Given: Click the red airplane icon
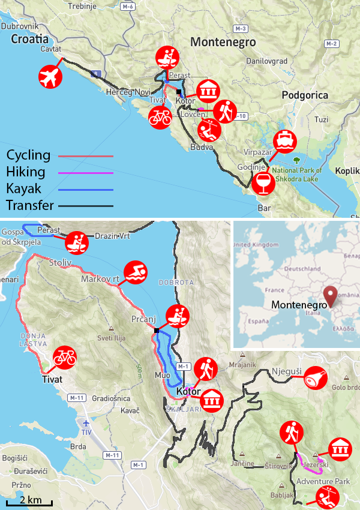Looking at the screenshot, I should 50,76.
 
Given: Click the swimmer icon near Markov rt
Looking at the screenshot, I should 135,274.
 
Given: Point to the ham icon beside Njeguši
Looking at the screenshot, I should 316,378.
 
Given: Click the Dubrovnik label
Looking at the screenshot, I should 20,26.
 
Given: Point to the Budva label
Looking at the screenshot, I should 202,146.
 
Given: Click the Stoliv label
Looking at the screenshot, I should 60,262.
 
